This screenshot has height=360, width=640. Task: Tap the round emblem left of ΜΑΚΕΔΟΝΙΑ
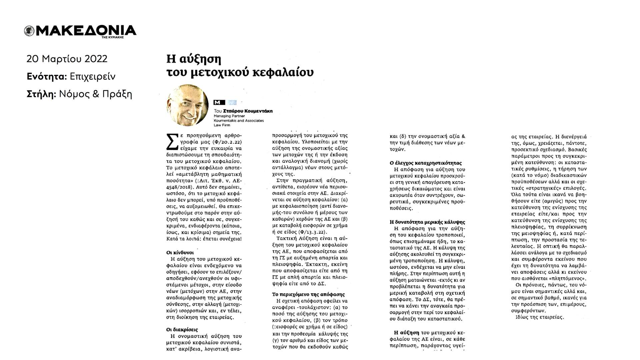pyautogui.click(x=29, y=31)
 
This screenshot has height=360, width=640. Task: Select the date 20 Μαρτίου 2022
pyautogui.click(x=67, y=59)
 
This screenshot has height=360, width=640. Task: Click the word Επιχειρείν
pyautogui.click(x=92, y=77)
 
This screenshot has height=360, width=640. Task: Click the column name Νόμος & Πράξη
pyautogui.click(x=95, y=94)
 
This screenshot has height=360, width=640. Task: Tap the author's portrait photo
pyautogui.click(x=187, y=105)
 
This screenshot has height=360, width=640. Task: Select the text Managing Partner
pyautogui.click(x=229, y=116)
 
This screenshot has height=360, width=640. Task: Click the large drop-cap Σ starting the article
pyautogui.click(x=171, y=142)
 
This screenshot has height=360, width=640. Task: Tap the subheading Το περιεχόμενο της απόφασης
pyautogui.click(x=308, y=294)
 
